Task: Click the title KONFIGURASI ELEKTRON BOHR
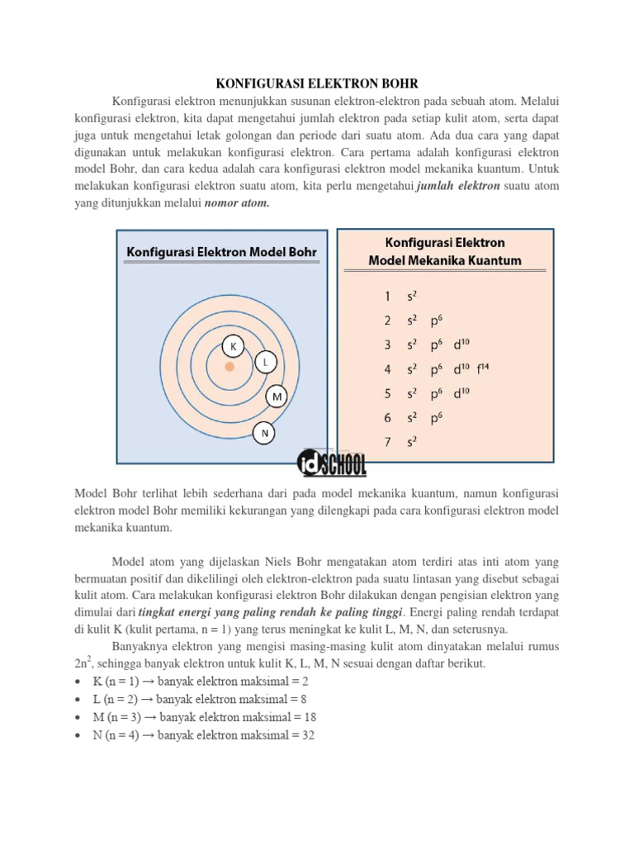pos(317,84)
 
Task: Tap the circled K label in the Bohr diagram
pos(233,347)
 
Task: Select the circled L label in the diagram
pos(264,363)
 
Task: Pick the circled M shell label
pos(277,397)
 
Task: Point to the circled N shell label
pos(264,432)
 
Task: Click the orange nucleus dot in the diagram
pos(229,366)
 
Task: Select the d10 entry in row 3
pos(463,344)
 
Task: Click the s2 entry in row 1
pos(411,295)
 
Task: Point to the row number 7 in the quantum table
pos(386,442)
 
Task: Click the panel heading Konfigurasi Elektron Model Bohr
pos(221,251)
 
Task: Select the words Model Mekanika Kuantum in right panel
pos(445,261)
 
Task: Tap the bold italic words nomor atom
pos(237,203)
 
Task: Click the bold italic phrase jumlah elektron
pos(459,187)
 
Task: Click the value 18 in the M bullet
pos(310,717)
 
